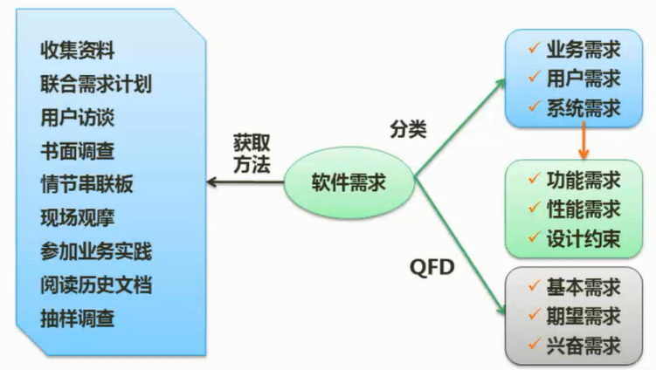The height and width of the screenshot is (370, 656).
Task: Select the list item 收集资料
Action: [x=78, y=50]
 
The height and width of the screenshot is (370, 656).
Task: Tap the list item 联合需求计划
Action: [x=96, y=84]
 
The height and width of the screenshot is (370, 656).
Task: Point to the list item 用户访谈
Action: [x=78, y=117]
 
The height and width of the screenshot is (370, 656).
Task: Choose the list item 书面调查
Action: [x=78, y=151]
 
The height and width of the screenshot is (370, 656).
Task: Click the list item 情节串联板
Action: [x=86, y=184]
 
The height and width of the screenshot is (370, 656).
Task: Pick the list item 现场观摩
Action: [x=78, y=217]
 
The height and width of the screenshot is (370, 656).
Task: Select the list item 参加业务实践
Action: [x=96, y=251]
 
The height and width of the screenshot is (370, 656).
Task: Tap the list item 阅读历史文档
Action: [x=96, y=284]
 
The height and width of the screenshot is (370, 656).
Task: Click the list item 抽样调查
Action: [x=78, y=318]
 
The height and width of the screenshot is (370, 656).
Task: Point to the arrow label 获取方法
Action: [x=252, y=151]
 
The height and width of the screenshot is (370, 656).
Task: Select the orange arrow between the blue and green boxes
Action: [x=580, y=140]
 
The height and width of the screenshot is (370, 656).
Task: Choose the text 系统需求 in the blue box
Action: [x=583, y=107]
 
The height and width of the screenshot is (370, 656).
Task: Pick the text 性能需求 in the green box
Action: [x=583, y=209]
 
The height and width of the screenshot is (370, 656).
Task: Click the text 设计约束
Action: [x=583, y=238]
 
